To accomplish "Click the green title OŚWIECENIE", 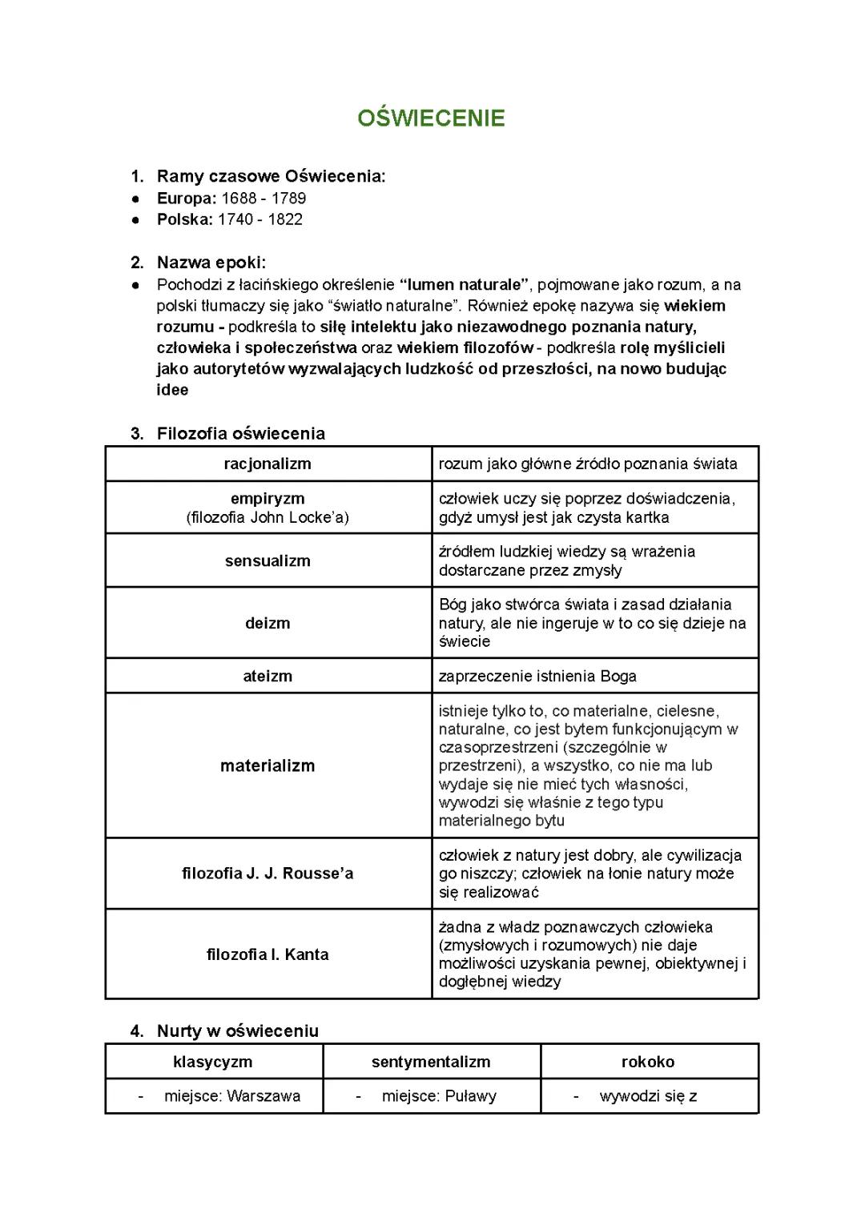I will pos(431,118).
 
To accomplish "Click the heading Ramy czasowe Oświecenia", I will pos(271,176).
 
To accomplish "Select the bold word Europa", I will pos(186,198).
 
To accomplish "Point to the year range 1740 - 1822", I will pos(259,219).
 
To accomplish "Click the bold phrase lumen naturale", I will pos(465,284).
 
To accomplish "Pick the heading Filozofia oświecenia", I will pos(240,433).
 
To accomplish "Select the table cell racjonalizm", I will pos(268,464).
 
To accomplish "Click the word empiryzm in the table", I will pos(268,499).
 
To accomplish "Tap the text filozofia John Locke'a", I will pos(268,517).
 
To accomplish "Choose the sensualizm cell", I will pos(268,560).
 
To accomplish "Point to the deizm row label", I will pos(268,623).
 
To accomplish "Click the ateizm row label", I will pos(268,676).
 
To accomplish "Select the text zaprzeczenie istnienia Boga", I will pos(537,676).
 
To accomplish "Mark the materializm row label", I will pos(268,765).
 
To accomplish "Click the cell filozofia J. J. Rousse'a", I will pos(268,874).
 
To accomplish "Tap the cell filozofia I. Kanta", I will pos(268,954).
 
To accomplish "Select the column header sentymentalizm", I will pos(431,1062).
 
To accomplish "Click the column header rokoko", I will pos(648,1062).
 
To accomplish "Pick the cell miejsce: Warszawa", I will pos(232,1096).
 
